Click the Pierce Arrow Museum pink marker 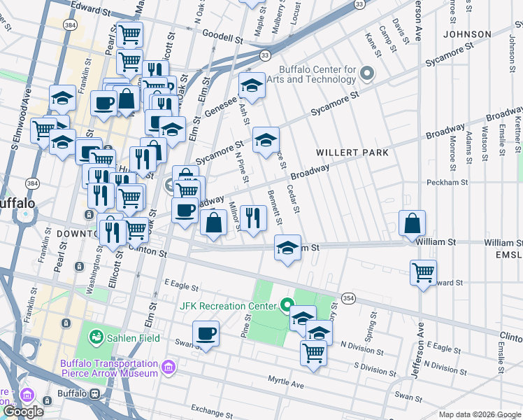click(x=168, y=368)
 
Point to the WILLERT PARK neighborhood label click(x=351, y=152)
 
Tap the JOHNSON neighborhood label click(x=466, y=34)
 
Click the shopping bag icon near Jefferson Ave click(x=413, y=223)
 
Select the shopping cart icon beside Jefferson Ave click(x=423, y=272)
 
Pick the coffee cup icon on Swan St click(x=206, y=333)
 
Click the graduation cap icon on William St click(x=287, y=247)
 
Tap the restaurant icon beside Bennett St click(x=253, y=217)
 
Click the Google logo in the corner click(x=23, y=412)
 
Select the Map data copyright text click(x=479, y=414)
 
